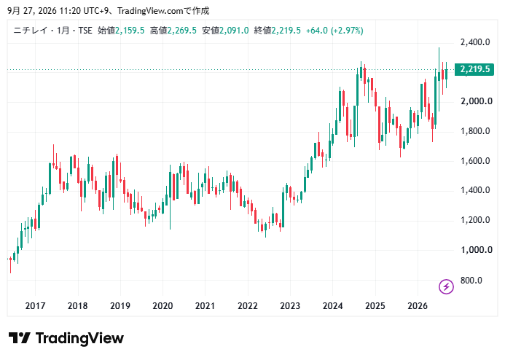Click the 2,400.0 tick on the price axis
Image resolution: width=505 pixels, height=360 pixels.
(475, 42)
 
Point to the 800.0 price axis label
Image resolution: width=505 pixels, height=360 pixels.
(471, 281)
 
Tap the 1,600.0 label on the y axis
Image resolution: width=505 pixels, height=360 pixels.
(475, 161)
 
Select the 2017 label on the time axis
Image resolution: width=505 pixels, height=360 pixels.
(35, 305)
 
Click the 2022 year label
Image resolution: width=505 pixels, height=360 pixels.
(248, 305)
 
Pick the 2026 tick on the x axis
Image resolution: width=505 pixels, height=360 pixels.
(418, 305)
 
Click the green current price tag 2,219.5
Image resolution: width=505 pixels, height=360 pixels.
(474, 69)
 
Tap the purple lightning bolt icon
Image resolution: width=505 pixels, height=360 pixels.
(446, 286)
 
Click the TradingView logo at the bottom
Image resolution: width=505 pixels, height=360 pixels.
(66, 338)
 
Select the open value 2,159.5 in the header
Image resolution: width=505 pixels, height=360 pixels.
(130, 31)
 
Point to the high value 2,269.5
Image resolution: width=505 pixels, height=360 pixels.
(181, 31)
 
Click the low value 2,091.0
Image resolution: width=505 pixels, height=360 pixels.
(234, 31)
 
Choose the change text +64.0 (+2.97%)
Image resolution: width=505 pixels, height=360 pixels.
(334, 31)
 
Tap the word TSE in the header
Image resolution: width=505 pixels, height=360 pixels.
(85, 31)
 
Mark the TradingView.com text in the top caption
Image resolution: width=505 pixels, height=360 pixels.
(150, 11)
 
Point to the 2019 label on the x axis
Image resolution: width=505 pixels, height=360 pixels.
(120, 305)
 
